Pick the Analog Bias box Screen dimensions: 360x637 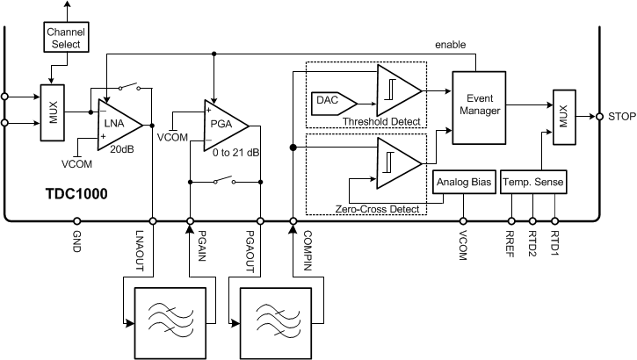463,183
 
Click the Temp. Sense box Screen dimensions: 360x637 533,183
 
